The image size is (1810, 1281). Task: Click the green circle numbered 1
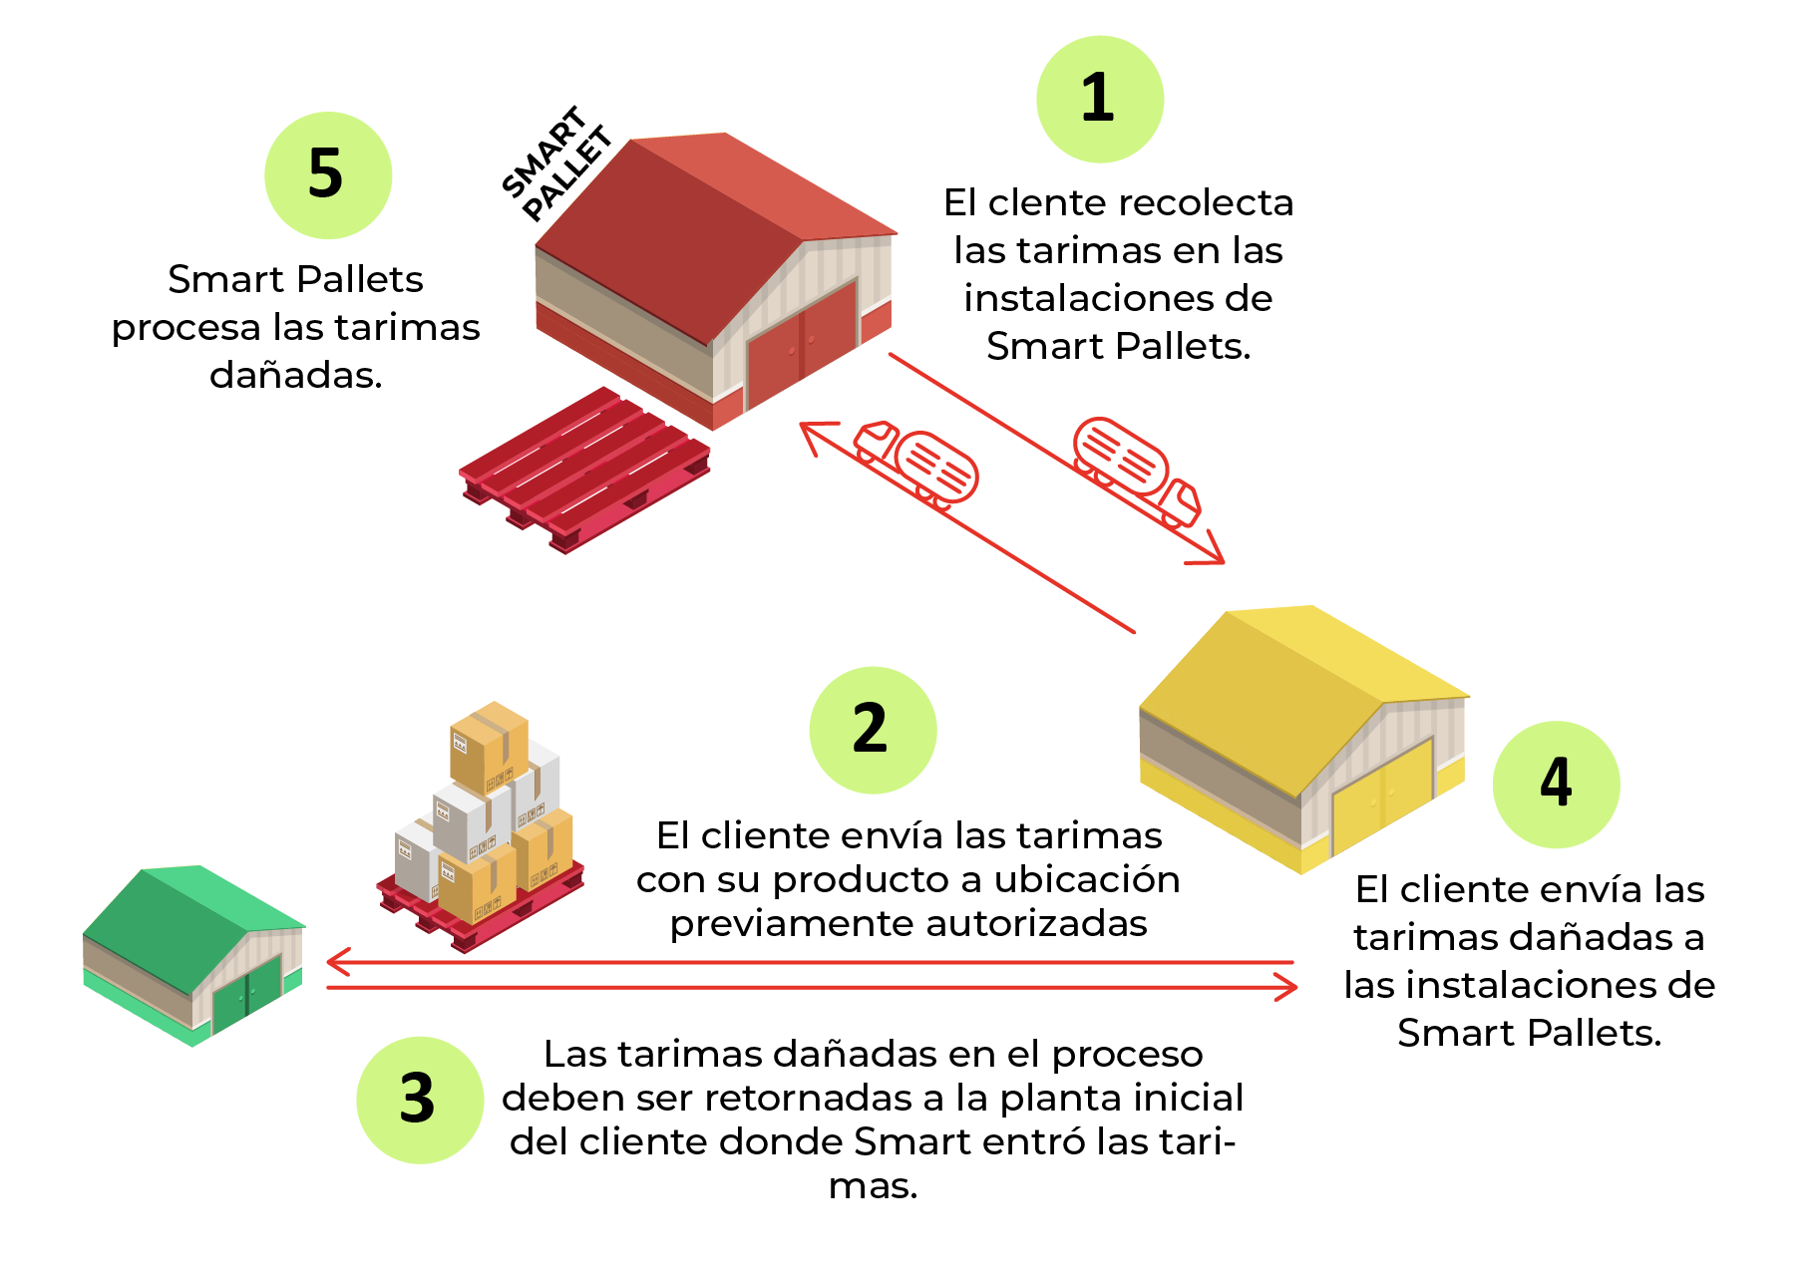1100,99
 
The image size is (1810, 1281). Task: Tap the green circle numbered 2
873,730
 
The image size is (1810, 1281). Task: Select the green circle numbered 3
420,1100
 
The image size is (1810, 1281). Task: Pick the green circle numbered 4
1556,785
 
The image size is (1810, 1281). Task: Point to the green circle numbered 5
328,174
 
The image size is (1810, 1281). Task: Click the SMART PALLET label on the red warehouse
556,163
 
